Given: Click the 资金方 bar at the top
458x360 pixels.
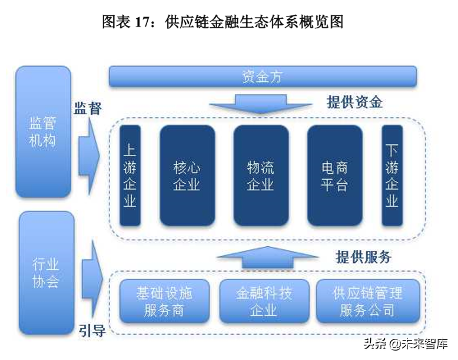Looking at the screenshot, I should coord(263,77).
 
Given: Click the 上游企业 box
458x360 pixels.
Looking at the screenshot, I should coord(130,176).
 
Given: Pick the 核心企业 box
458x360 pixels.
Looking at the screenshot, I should coord(187,176).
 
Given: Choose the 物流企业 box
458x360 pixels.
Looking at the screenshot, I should coord(261,176).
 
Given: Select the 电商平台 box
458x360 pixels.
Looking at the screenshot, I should coord(334,176).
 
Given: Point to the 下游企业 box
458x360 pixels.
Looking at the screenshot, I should coord(392,176).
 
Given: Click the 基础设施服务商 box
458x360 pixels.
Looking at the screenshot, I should coord(164,301).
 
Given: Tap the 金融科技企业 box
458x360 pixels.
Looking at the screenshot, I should coord(264,301).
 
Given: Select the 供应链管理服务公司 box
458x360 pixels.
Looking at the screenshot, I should coord(367,301).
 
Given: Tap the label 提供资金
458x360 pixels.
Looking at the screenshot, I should coord(354,102).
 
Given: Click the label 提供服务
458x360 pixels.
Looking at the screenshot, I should coord(363,257).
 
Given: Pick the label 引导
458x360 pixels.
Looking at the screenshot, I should coord(92,331).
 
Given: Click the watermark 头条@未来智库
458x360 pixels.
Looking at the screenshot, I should coord(405,344).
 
